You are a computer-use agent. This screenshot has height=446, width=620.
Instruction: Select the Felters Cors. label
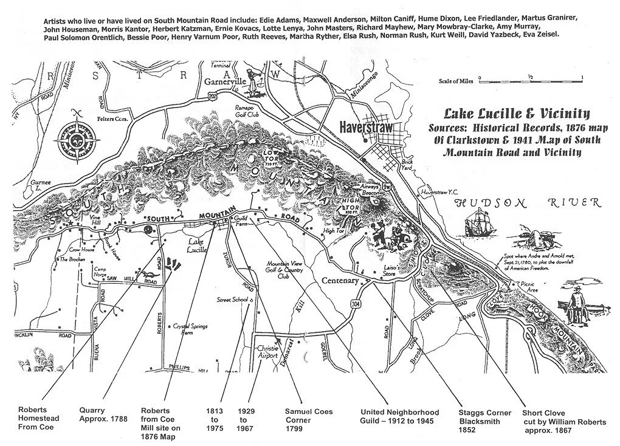pos(115,119)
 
